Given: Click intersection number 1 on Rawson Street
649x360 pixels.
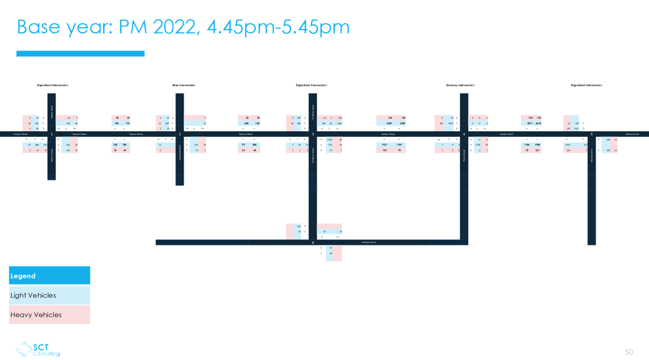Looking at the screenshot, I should [52, 134].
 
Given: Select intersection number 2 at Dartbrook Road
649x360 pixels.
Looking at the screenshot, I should [180, 134].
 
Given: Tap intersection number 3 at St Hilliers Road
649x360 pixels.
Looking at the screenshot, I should [313, 134].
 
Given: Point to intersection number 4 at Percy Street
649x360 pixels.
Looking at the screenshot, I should [464, 134].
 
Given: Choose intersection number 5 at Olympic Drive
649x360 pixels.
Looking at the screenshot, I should [592, 134].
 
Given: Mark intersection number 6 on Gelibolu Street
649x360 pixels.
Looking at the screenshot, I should [313, 242].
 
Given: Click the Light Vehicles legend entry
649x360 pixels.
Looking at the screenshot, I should [49, 295].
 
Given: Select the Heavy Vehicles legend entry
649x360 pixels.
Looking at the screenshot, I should [49, 315].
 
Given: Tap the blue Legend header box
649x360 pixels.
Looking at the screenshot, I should [49, 276].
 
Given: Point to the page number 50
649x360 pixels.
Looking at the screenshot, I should [628, 352].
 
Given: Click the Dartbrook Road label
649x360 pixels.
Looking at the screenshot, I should [180, 152].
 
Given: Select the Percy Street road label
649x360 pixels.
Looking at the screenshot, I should [464, 156].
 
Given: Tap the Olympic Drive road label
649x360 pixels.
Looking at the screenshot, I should [592, 155].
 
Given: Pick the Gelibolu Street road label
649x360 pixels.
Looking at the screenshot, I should [369, 242].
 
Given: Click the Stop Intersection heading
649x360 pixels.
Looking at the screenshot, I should [183, 85].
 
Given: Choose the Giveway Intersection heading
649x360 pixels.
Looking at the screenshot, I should [460, 85].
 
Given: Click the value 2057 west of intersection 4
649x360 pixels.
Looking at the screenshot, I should [451, 123].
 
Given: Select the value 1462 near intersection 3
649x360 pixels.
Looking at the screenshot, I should [339, 123].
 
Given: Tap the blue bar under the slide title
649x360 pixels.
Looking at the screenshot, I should [81, 54].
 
